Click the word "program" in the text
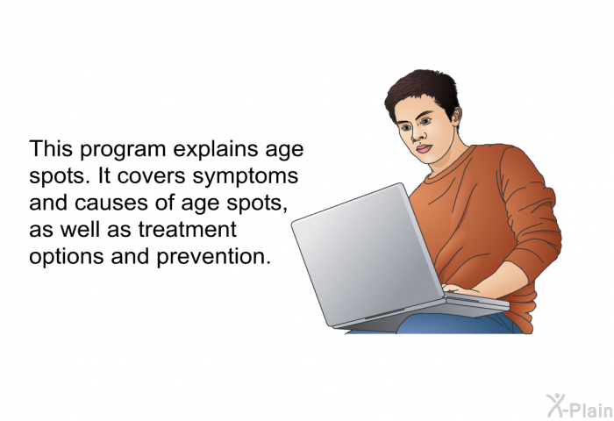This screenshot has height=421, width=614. tap(123, 150)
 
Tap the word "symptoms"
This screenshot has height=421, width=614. tap(246, 176)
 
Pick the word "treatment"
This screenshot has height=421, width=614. tap(187, 229)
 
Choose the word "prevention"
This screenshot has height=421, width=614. tap(214, 257)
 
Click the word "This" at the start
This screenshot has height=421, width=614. tap(51, 149)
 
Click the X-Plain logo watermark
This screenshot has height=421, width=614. tap(580, 406)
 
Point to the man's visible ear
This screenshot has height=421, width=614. tap(456, 117)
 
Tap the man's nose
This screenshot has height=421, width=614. tap(418, 134)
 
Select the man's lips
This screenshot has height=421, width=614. tap(424, 149)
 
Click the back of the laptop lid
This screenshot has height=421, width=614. tap(366, 254)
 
